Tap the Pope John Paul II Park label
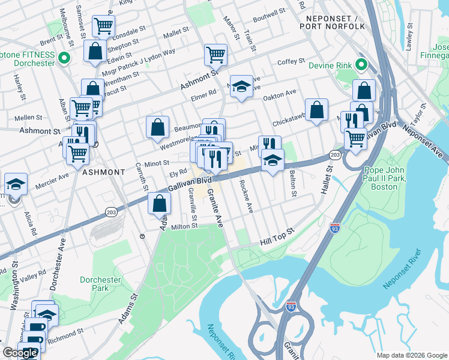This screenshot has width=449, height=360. pos(390,178)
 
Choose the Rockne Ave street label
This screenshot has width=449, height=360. pos(246,196)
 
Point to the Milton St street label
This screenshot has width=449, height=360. pos(185,226)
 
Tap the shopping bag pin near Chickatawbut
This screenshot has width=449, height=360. pos(317,110)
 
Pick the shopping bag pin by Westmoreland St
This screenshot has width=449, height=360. pos(157,127)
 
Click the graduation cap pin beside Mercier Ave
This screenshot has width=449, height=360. pos(16,184)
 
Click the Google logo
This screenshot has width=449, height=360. pos(20,353)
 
